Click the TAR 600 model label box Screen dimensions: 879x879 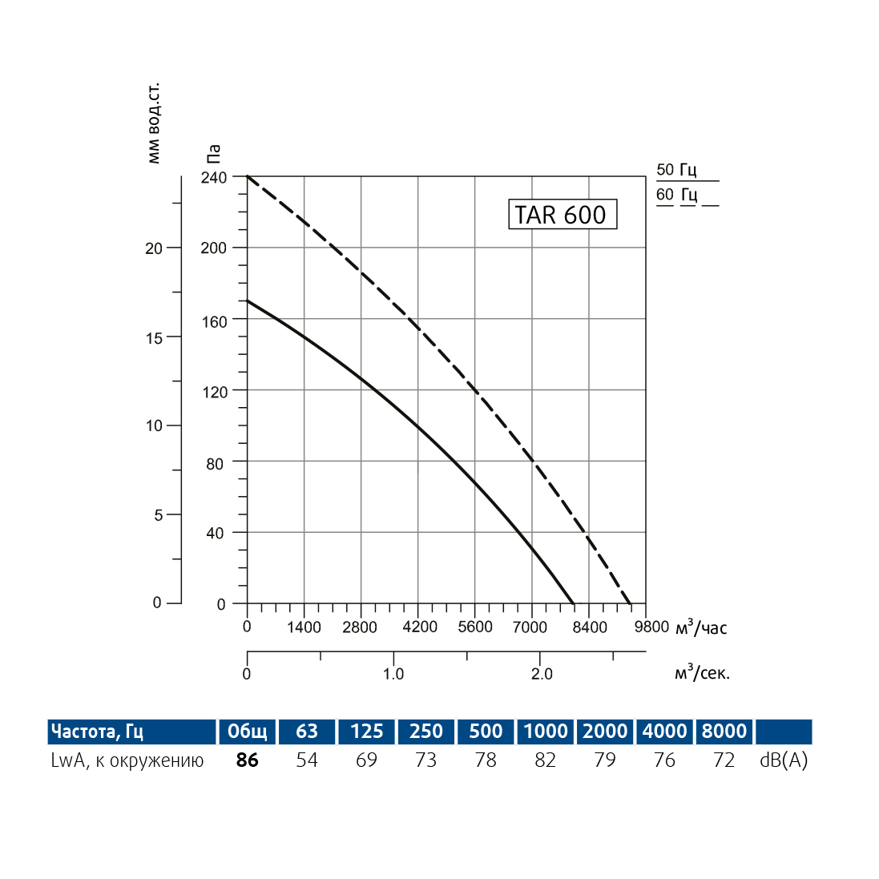[562, 215]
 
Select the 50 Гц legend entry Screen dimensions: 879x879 [677, 170]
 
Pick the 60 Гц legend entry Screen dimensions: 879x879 [677, 195]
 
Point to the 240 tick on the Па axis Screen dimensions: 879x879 [214, 176]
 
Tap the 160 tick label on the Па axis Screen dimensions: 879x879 [214, 321]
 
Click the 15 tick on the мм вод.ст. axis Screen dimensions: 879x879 [154, 337]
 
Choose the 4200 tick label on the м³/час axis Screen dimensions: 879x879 [418, 627]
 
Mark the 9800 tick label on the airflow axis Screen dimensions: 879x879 [651, 627]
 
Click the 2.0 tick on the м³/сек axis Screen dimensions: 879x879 [542, 674]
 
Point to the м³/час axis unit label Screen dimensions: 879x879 [702, 627]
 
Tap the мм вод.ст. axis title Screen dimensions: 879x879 [154, 123]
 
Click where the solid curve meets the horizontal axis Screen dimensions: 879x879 [574, 603]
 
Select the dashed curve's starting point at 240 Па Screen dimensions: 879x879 [248, 176]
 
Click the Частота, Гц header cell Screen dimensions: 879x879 [98, 731]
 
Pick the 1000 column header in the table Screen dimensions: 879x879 [546, 731]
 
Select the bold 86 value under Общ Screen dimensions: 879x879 [248, 760]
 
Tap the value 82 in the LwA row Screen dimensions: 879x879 [546, 760]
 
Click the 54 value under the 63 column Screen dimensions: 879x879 [307, 760]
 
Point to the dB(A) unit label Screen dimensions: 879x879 [784, 760]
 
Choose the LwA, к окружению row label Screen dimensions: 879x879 [127, 760]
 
